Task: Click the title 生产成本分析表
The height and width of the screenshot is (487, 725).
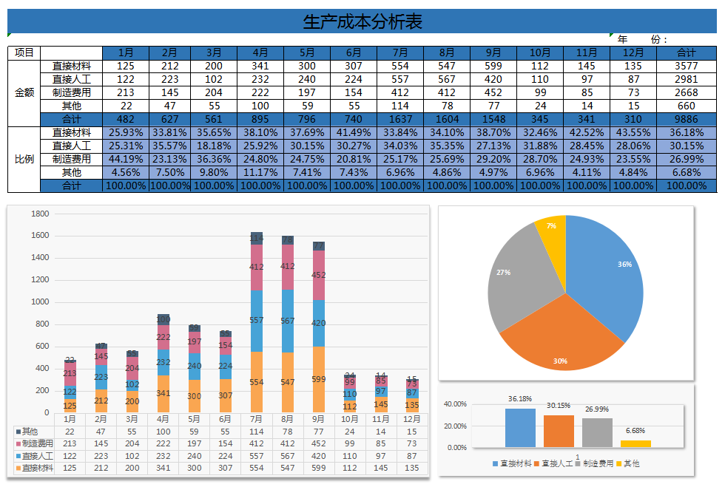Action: (x=362, y=22)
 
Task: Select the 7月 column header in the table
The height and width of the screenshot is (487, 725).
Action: (x=400, y=52)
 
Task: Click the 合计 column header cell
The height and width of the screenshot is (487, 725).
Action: (x=686, y=52)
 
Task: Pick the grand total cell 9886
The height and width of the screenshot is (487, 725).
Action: (x=686, y=119)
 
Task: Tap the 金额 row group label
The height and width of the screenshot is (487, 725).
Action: (x=24, y=92)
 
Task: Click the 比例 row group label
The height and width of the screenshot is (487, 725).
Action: (x=24, y=159)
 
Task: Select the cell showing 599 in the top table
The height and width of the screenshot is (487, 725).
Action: (x=493, y=66)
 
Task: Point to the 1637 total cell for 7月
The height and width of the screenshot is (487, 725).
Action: (x=400, y=119)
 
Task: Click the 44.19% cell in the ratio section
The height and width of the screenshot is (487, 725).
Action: (x=126, y=159)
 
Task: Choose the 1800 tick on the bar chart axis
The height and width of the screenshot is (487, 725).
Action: (x=40, y=214)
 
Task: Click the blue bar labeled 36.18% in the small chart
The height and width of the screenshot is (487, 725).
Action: (x=520, y=428)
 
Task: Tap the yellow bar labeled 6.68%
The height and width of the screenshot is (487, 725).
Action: (x=635, y=443)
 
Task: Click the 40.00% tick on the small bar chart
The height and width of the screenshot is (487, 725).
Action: (x=455, y=404)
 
